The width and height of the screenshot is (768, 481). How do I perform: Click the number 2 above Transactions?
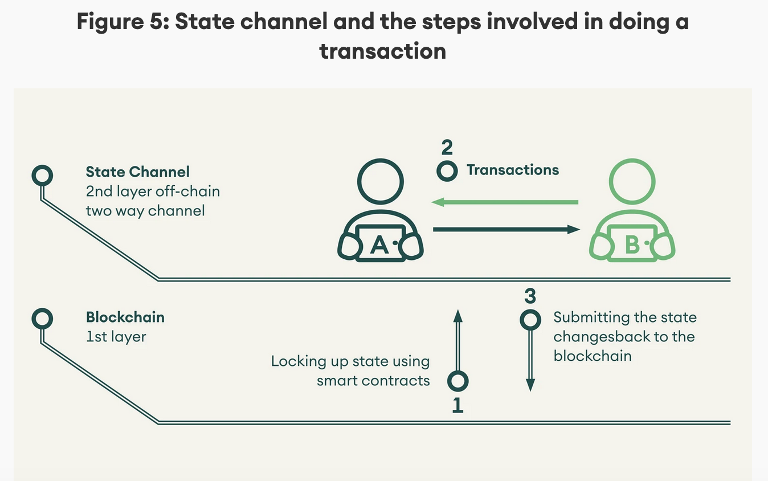pyautogui.click(x=447, y=148)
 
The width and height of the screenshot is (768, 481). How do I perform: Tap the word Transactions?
pyautogui.click(x=513, y=170)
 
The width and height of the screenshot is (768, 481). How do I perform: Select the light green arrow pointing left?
pyautogui.click(x=505, y=202)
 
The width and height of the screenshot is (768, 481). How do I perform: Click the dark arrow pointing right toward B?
pyautogui.click(x=506, y=230)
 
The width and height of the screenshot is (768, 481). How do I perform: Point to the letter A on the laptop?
pyautogui.click(x=379, y=244)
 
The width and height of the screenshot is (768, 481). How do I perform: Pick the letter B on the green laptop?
pyautogui.click(x=632, y=244)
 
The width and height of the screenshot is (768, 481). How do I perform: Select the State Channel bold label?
pyautogui.click(x=138, y=172)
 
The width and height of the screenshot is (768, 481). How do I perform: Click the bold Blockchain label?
pyautogui.click(x=125, y=317)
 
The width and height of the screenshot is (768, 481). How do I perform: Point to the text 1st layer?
pyautogui.click(x=116, y=337)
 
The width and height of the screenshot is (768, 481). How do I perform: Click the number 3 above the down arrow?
pyautogui.click(x=530, y=296)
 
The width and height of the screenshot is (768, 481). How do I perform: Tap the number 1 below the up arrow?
pyautogui.click(x=457, y=405)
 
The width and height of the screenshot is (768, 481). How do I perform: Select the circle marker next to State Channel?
pyautogui.click(x=42, y=175)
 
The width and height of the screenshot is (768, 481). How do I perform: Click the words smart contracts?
pyautogui.click(x=373, y=381)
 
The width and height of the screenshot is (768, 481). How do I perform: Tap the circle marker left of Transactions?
pyautogui.click(x=447, y=170)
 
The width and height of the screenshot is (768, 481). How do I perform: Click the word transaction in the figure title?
pyautogui.click(x=382, y=51)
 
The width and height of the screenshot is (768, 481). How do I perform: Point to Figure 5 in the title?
pyautogui.click(x=120, y=22)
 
